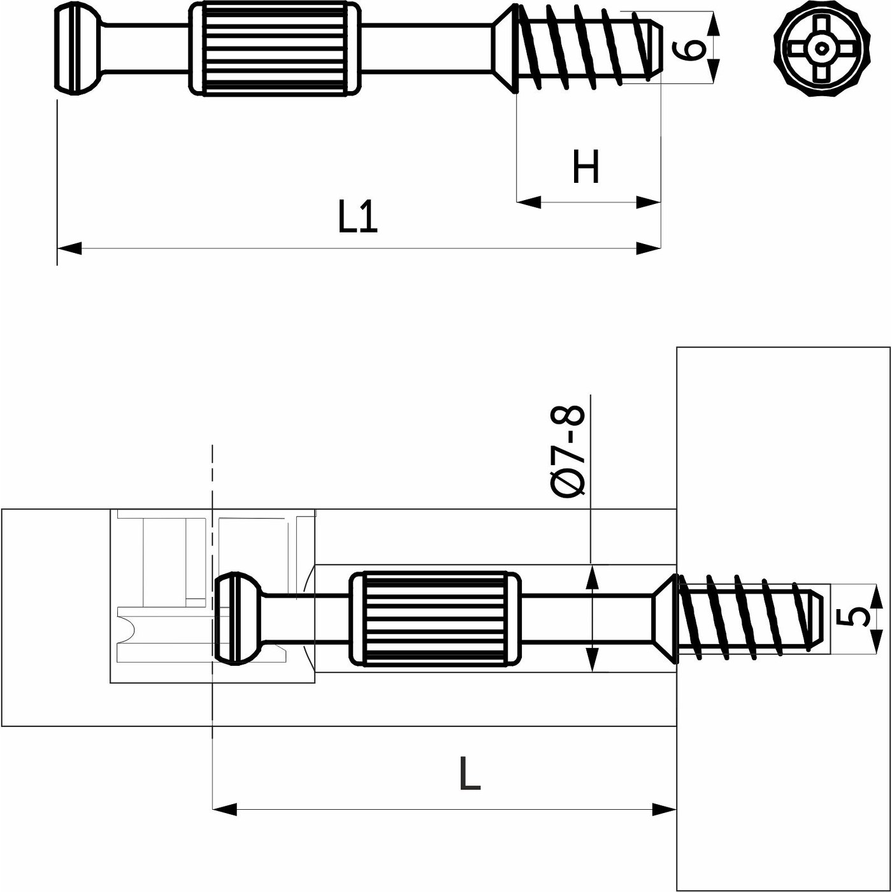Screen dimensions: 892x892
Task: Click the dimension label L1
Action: click(x=357, y=217)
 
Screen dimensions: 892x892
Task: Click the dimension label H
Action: click(x=586, y=167)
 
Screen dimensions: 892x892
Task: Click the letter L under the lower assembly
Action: click(x=470, y=773)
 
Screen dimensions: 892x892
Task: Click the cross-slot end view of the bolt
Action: click(x=821, y=48)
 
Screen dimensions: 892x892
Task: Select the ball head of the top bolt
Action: click(x=76, y=48)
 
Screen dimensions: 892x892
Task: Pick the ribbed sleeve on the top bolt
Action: click(x=275, y=48)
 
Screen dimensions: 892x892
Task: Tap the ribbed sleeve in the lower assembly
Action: click(x=435, y=619)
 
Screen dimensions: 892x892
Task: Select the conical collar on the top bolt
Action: click(x=504, y=48)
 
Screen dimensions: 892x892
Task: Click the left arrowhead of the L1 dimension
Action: click(x=69, y=248)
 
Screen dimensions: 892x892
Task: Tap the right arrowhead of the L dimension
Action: click(x=665, y=810)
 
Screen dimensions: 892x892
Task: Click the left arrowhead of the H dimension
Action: click(x=528, y=203)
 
